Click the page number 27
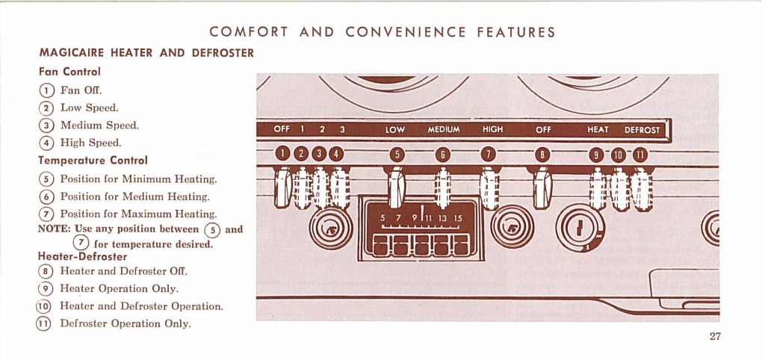[x=715, y=336]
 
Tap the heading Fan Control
[x=69, y=72]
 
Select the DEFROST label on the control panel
[x=642, y=130]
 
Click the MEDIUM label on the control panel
[x=444, y=130]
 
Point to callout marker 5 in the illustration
[x=397, y=154]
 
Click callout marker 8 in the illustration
[x=542, y=155]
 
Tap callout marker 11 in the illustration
[x=639, y=155]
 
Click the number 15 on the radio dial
[x=458, y=219]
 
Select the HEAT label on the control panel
[x=598, y=130]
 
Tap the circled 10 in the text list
[x=43, y=306]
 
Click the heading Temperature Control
[x=93, y=161]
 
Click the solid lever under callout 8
[x=542, y=187]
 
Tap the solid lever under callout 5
[x=396, y=187]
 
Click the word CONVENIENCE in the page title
[x=406, y=33]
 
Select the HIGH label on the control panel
[x=492, y=130]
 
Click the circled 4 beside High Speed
[x=46, y=143]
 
